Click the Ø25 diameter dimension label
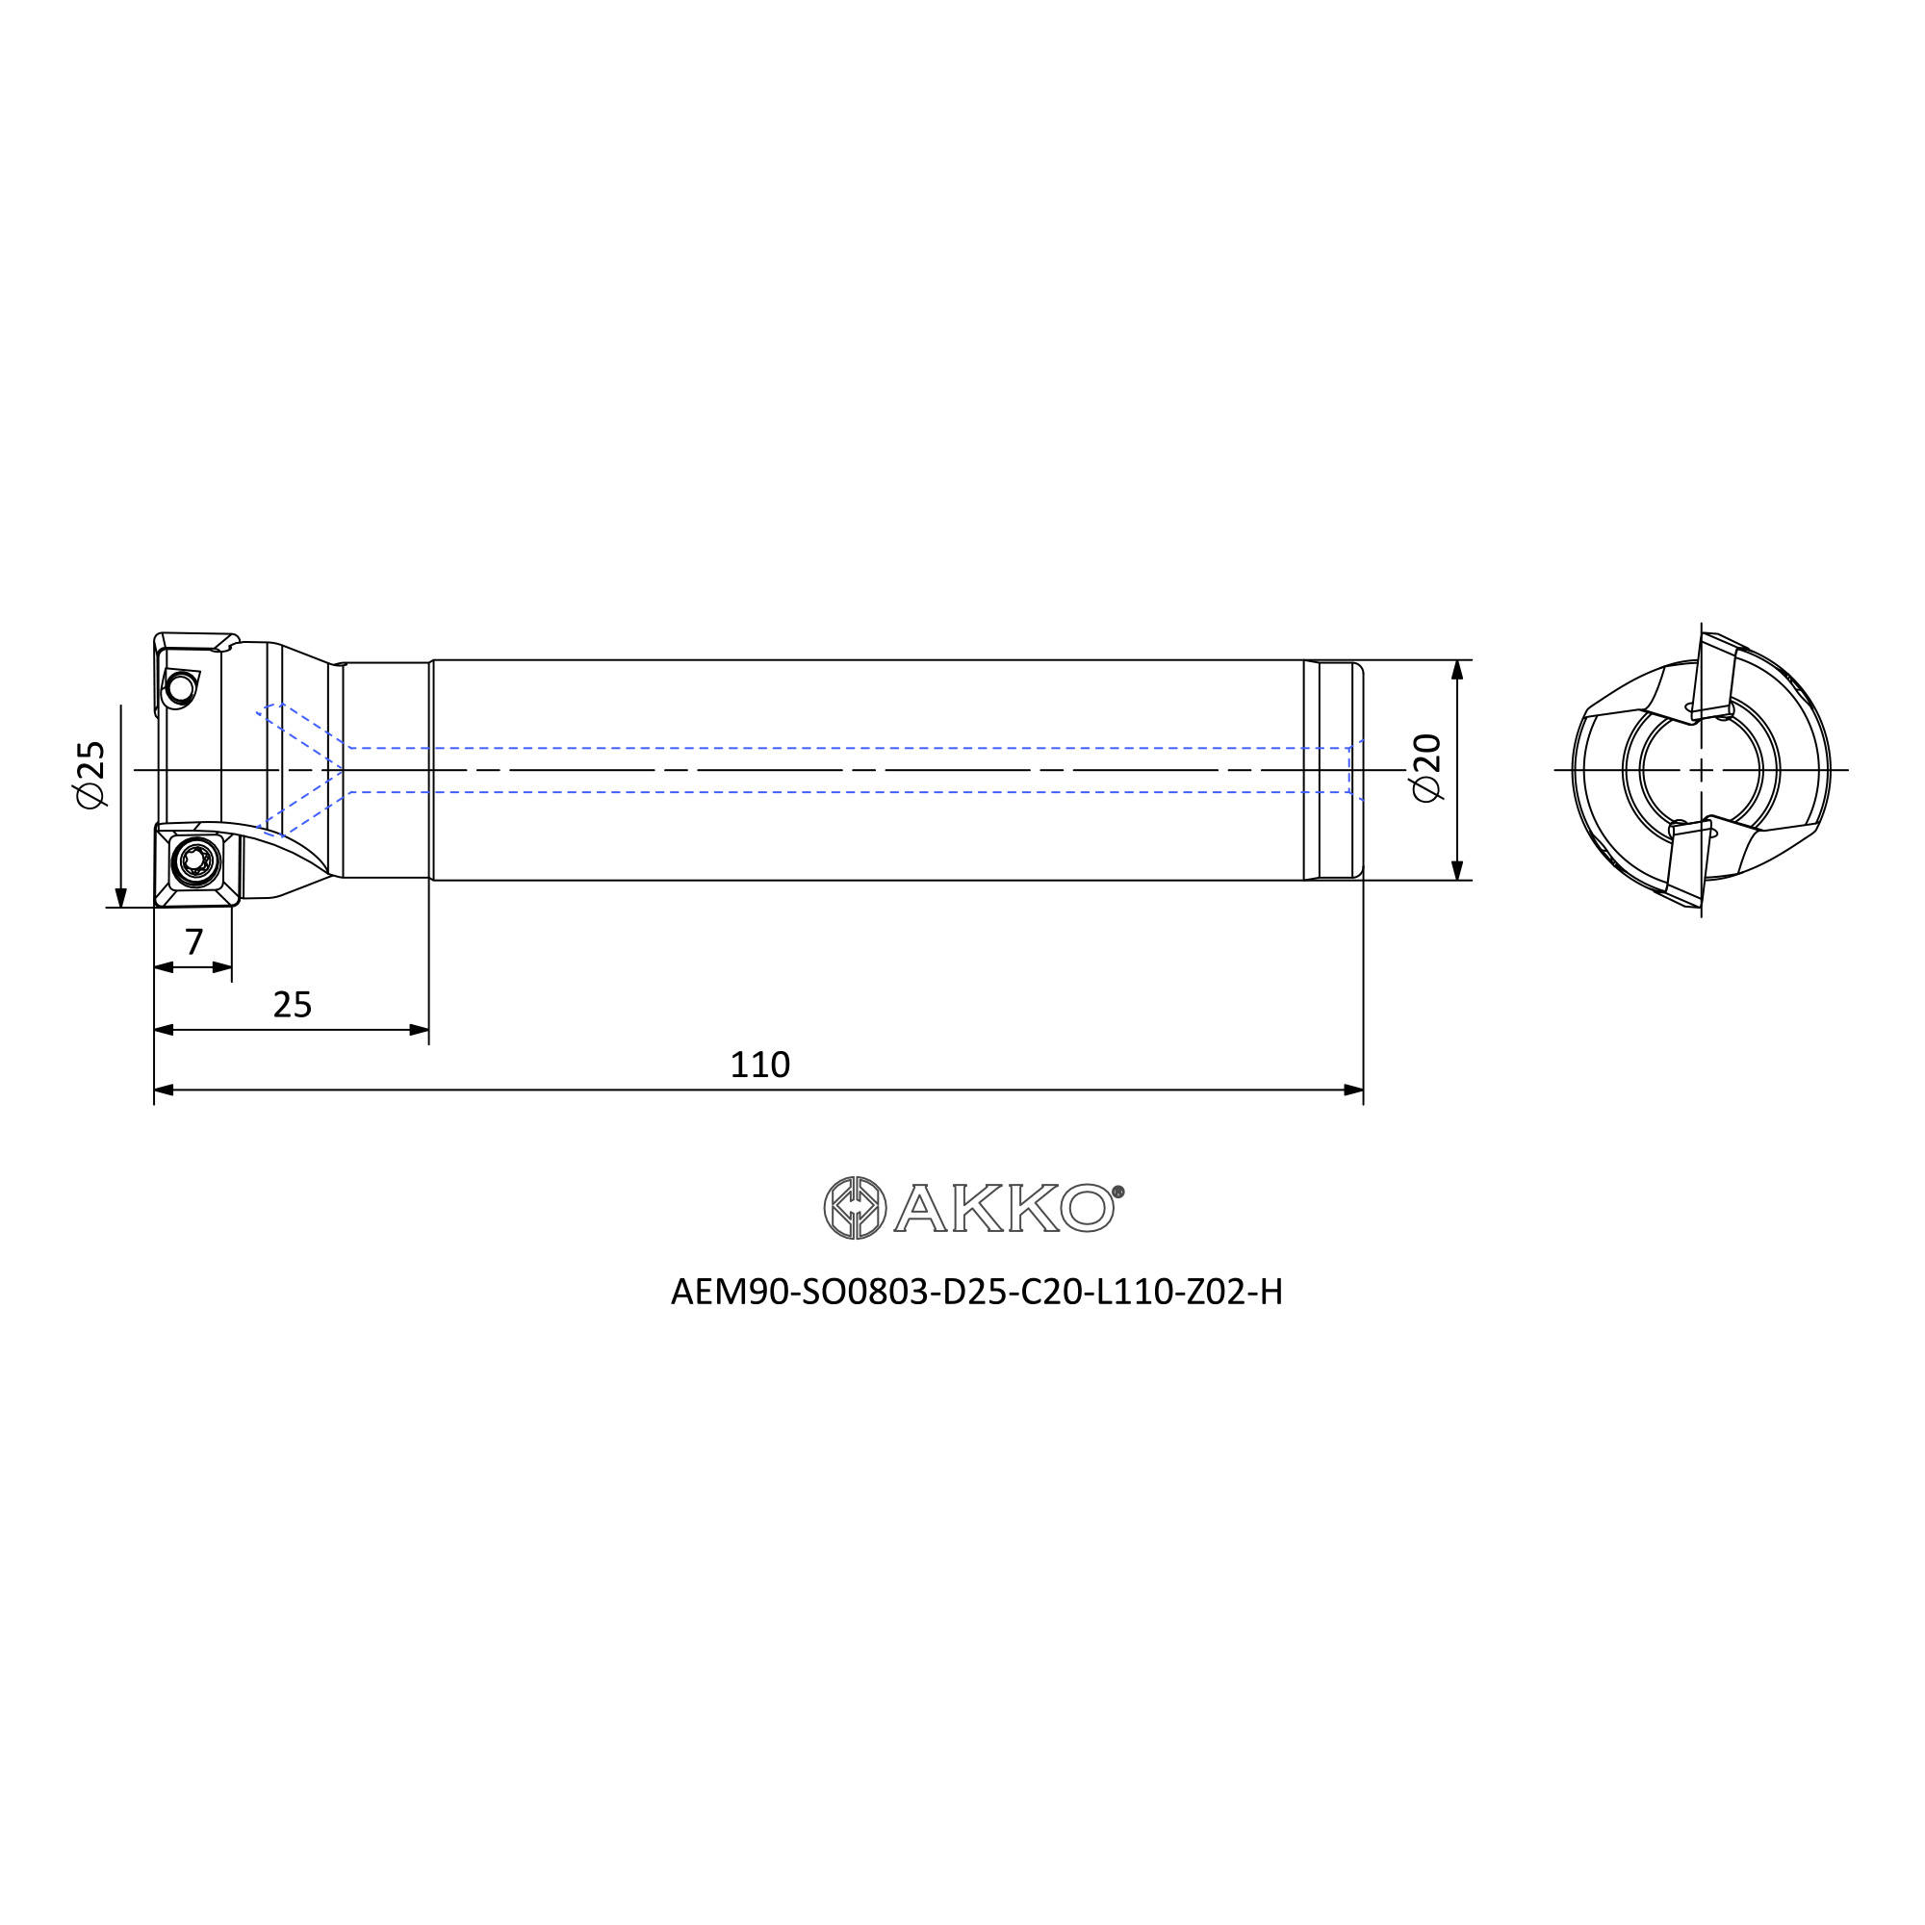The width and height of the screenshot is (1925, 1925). coord(90,774)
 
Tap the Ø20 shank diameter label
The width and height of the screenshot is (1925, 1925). coord(1426,767)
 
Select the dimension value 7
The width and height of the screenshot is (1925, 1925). coord(194,940)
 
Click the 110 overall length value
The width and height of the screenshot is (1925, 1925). coord(760,1065)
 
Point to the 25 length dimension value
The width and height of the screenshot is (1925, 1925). coord(292,1004)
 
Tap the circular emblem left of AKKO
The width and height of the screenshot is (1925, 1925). coord(855,1209)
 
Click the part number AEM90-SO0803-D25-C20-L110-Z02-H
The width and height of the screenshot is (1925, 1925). coord(976,1293)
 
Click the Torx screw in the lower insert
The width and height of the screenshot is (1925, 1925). coord(195,859)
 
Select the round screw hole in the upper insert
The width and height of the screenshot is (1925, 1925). coord(181,687)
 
